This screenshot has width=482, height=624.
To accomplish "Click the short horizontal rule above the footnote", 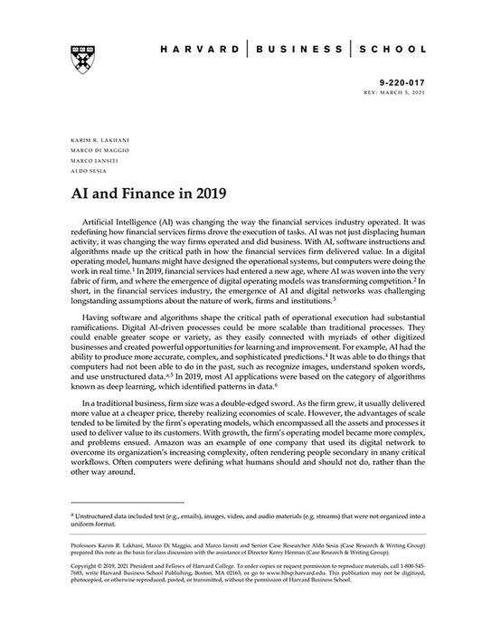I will click(127, 502).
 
